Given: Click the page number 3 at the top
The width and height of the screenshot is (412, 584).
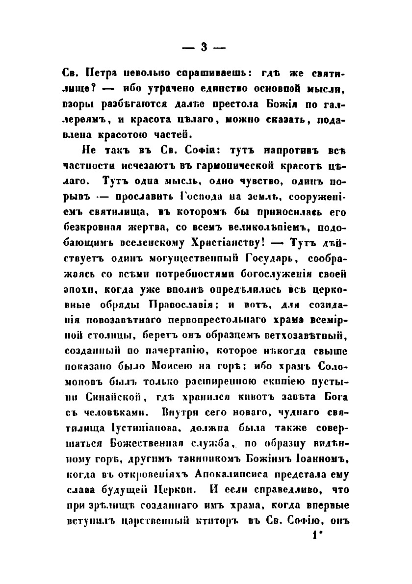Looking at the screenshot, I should [x=206, y=48].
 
